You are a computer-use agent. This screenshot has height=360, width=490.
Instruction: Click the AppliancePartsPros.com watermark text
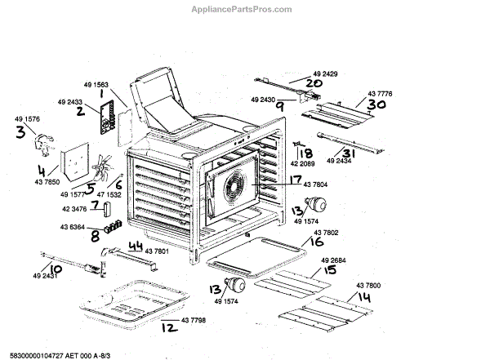click(x=245, y=10)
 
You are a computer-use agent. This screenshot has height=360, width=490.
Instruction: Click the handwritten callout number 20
click(x=314, y=82)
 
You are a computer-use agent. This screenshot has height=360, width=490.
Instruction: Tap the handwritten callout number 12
click(x=167, y=329)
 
